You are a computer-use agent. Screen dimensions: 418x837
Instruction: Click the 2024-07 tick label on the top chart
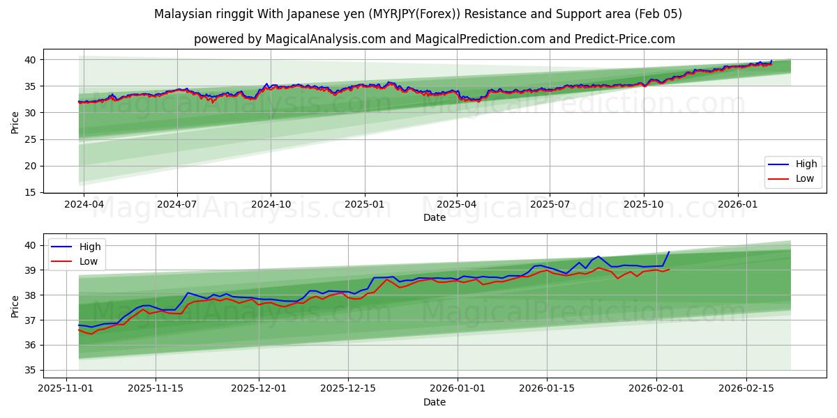click(x=176, y=204)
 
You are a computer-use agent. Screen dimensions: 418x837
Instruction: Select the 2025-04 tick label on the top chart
click(x=457, y=204)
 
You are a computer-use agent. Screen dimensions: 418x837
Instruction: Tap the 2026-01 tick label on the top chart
click(x=738, y=204)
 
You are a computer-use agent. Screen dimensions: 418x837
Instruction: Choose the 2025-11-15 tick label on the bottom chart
click(x=155, y=389)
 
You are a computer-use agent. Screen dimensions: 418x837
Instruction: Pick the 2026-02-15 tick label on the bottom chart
click(x=746, y=389)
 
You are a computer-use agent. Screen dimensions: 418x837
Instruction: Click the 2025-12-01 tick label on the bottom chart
click(x=259, y=389)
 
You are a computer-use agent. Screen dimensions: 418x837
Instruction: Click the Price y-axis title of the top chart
click(x=15, y=121)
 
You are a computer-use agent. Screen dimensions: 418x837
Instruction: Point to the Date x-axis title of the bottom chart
click(x=434, y=402)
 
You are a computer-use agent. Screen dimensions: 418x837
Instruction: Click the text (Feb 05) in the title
click(x=658, y=14)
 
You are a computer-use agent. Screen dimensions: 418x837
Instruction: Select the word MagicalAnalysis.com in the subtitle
click(x=325, y=39)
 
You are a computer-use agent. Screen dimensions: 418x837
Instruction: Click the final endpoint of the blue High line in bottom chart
click(x=669, y=252)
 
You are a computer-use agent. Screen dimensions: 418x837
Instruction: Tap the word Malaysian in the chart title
click(x=179, y=14)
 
